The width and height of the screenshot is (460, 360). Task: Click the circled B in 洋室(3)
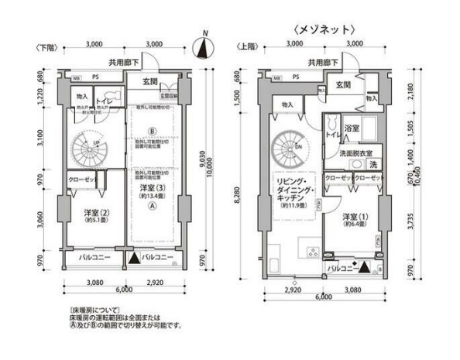pyautogui.click(x=153, y=130)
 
